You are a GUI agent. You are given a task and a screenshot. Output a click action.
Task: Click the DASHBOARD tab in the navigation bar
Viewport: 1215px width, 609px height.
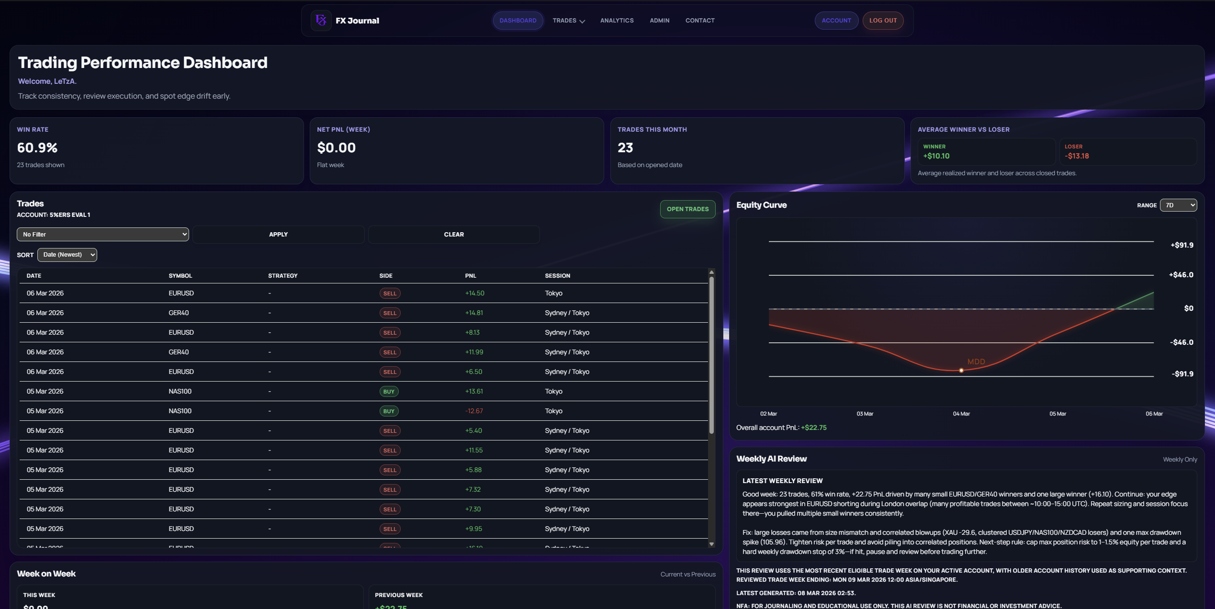(x=517, y=21)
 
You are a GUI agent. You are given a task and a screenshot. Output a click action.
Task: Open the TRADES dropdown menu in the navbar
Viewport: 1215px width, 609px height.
(x=568, y=21)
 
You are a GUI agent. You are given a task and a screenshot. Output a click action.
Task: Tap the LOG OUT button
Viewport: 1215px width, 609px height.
(x=883, y=21)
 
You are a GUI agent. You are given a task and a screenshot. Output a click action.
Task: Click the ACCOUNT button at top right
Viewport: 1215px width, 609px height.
(x=836, y=21)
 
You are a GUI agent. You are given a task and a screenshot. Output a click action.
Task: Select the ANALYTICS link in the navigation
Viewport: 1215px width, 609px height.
(x=617, y=21)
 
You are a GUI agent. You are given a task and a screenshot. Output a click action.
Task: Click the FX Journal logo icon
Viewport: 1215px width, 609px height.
(x=321, y=21)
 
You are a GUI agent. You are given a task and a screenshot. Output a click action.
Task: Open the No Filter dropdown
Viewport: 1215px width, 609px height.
(x=102, y=235)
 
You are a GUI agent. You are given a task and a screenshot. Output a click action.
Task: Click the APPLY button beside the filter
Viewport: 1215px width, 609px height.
(x=278, y=235)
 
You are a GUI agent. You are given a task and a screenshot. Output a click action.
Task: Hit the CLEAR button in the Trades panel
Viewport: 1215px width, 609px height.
(x=453, y=235)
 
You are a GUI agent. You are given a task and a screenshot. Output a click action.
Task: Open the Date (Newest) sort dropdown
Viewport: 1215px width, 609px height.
(x=67, y=255)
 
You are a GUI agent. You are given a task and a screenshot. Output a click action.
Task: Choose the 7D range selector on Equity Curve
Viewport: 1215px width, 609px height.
(x=1178, y=205)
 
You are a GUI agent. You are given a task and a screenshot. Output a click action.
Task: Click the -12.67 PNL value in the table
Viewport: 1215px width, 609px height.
(x=474, y=411)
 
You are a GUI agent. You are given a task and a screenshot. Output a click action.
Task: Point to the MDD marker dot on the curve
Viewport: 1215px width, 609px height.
(x=961, y=371)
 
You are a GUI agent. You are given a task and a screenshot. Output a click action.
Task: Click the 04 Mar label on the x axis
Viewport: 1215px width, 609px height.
(x=961, y=414)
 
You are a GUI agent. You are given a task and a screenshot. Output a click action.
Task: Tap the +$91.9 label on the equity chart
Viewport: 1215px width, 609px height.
(x=1181, y=245)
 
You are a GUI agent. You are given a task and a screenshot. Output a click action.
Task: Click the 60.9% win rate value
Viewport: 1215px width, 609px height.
(x=37, y=148)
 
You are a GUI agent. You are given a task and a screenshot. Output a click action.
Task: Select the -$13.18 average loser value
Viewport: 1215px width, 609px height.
(x=1077, y=156)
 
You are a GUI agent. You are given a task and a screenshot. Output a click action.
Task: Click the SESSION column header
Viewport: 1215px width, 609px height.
(x=557, y=276)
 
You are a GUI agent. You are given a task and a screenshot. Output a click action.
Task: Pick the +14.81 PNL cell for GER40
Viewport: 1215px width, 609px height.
(x=474, y=313)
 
